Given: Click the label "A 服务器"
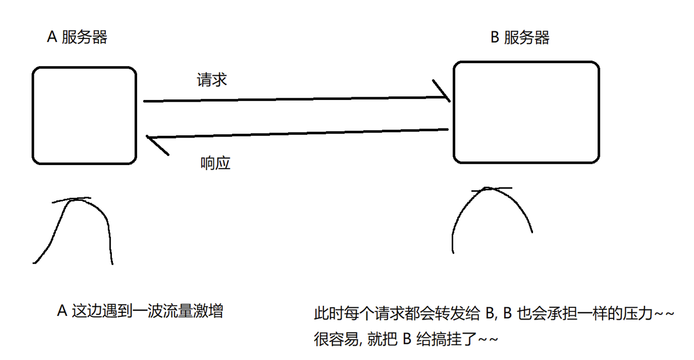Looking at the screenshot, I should [77, 37].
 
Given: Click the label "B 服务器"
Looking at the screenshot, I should [520, 38].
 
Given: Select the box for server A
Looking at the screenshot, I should [84, 116].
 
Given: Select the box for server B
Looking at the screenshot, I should [526, 112].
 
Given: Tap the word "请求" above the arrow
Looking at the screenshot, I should [211, 80].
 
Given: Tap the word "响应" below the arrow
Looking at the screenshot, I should [215, 163].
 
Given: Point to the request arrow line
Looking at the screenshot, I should [294, 99].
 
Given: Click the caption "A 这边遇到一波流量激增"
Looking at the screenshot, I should [140, 310].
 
